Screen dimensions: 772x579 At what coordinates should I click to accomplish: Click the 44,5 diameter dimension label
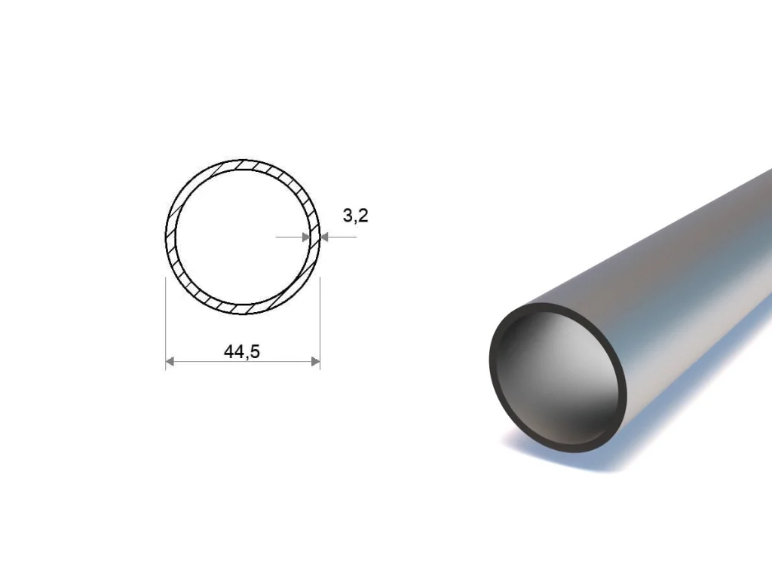(241, 351)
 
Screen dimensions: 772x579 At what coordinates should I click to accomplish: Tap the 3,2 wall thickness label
(356, 215)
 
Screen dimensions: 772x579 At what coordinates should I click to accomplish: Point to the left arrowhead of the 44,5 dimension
(170, 362)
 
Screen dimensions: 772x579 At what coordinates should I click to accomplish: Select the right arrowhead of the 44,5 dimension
(316, 362)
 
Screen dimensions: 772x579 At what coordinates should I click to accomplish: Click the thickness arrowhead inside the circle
(306, 237)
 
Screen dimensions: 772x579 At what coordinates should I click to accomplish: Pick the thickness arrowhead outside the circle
(324, 237)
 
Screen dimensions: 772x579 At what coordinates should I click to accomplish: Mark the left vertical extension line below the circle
(165, 323)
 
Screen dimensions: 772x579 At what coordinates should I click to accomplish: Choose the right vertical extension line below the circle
(320, 323)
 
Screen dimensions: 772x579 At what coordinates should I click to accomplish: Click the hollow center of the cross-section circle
(243, 237)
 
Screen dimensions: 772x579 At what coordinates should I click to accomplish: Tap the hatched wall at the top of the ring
(243, 164)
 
